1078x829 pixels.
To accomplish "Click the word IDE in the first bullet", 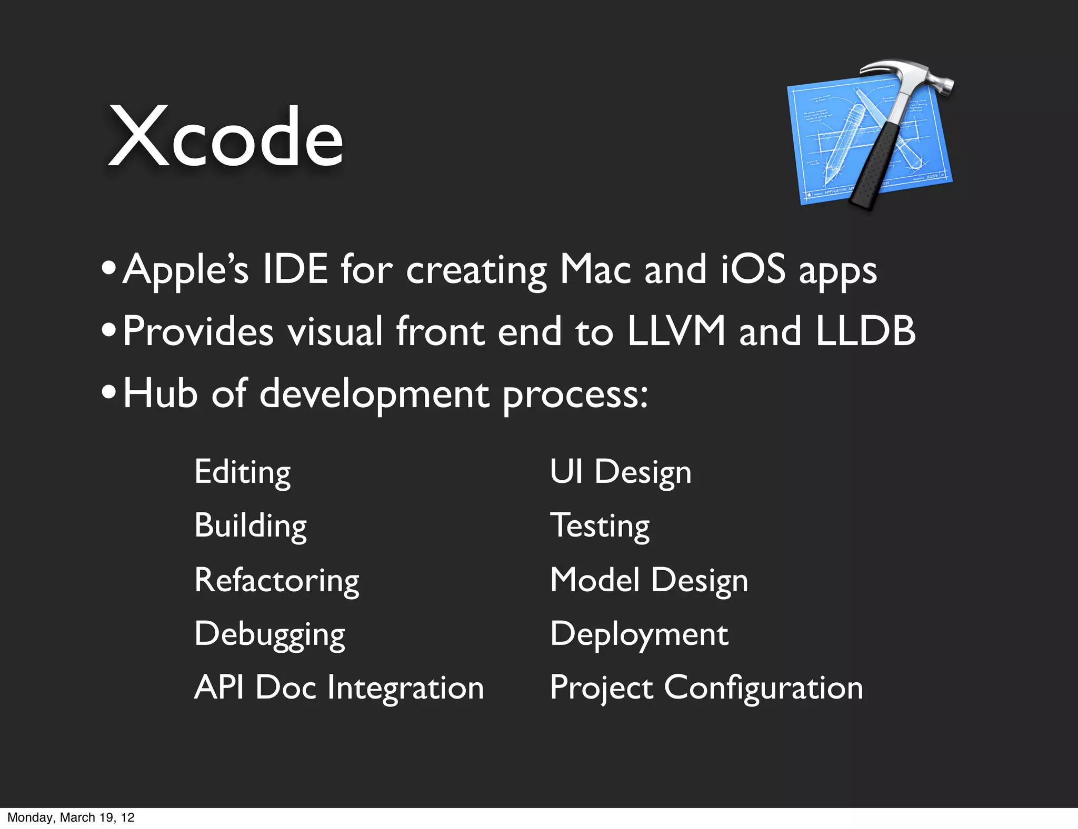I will click(295, 269).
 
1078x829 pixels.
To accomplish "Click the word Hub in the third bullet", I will click(160, 393).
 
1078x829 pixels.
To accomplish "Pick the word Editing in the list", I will click(242, 472).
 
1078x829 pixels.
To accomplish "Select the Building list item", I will click(251, 525).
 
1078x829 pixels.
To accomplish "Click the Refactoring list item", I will click(277, 580).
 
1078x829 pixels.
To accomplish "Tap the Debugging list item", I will click(269, 634).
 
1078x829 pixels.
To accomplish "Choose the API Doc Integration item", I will click(339, 688).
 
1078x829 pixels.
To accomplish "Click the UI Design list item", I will click(621, 472).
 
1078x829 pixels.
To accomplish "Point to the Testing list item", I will click(600, 525).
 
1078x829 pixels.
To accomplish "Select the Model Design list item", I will click(648, 580).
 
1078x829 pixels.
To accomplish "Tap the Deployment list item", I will click(639, 634).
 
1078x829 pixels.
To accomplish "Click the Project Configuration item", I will click(706, 688).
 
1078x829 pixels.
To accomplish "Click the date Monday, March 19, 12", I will click(71, 817).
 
